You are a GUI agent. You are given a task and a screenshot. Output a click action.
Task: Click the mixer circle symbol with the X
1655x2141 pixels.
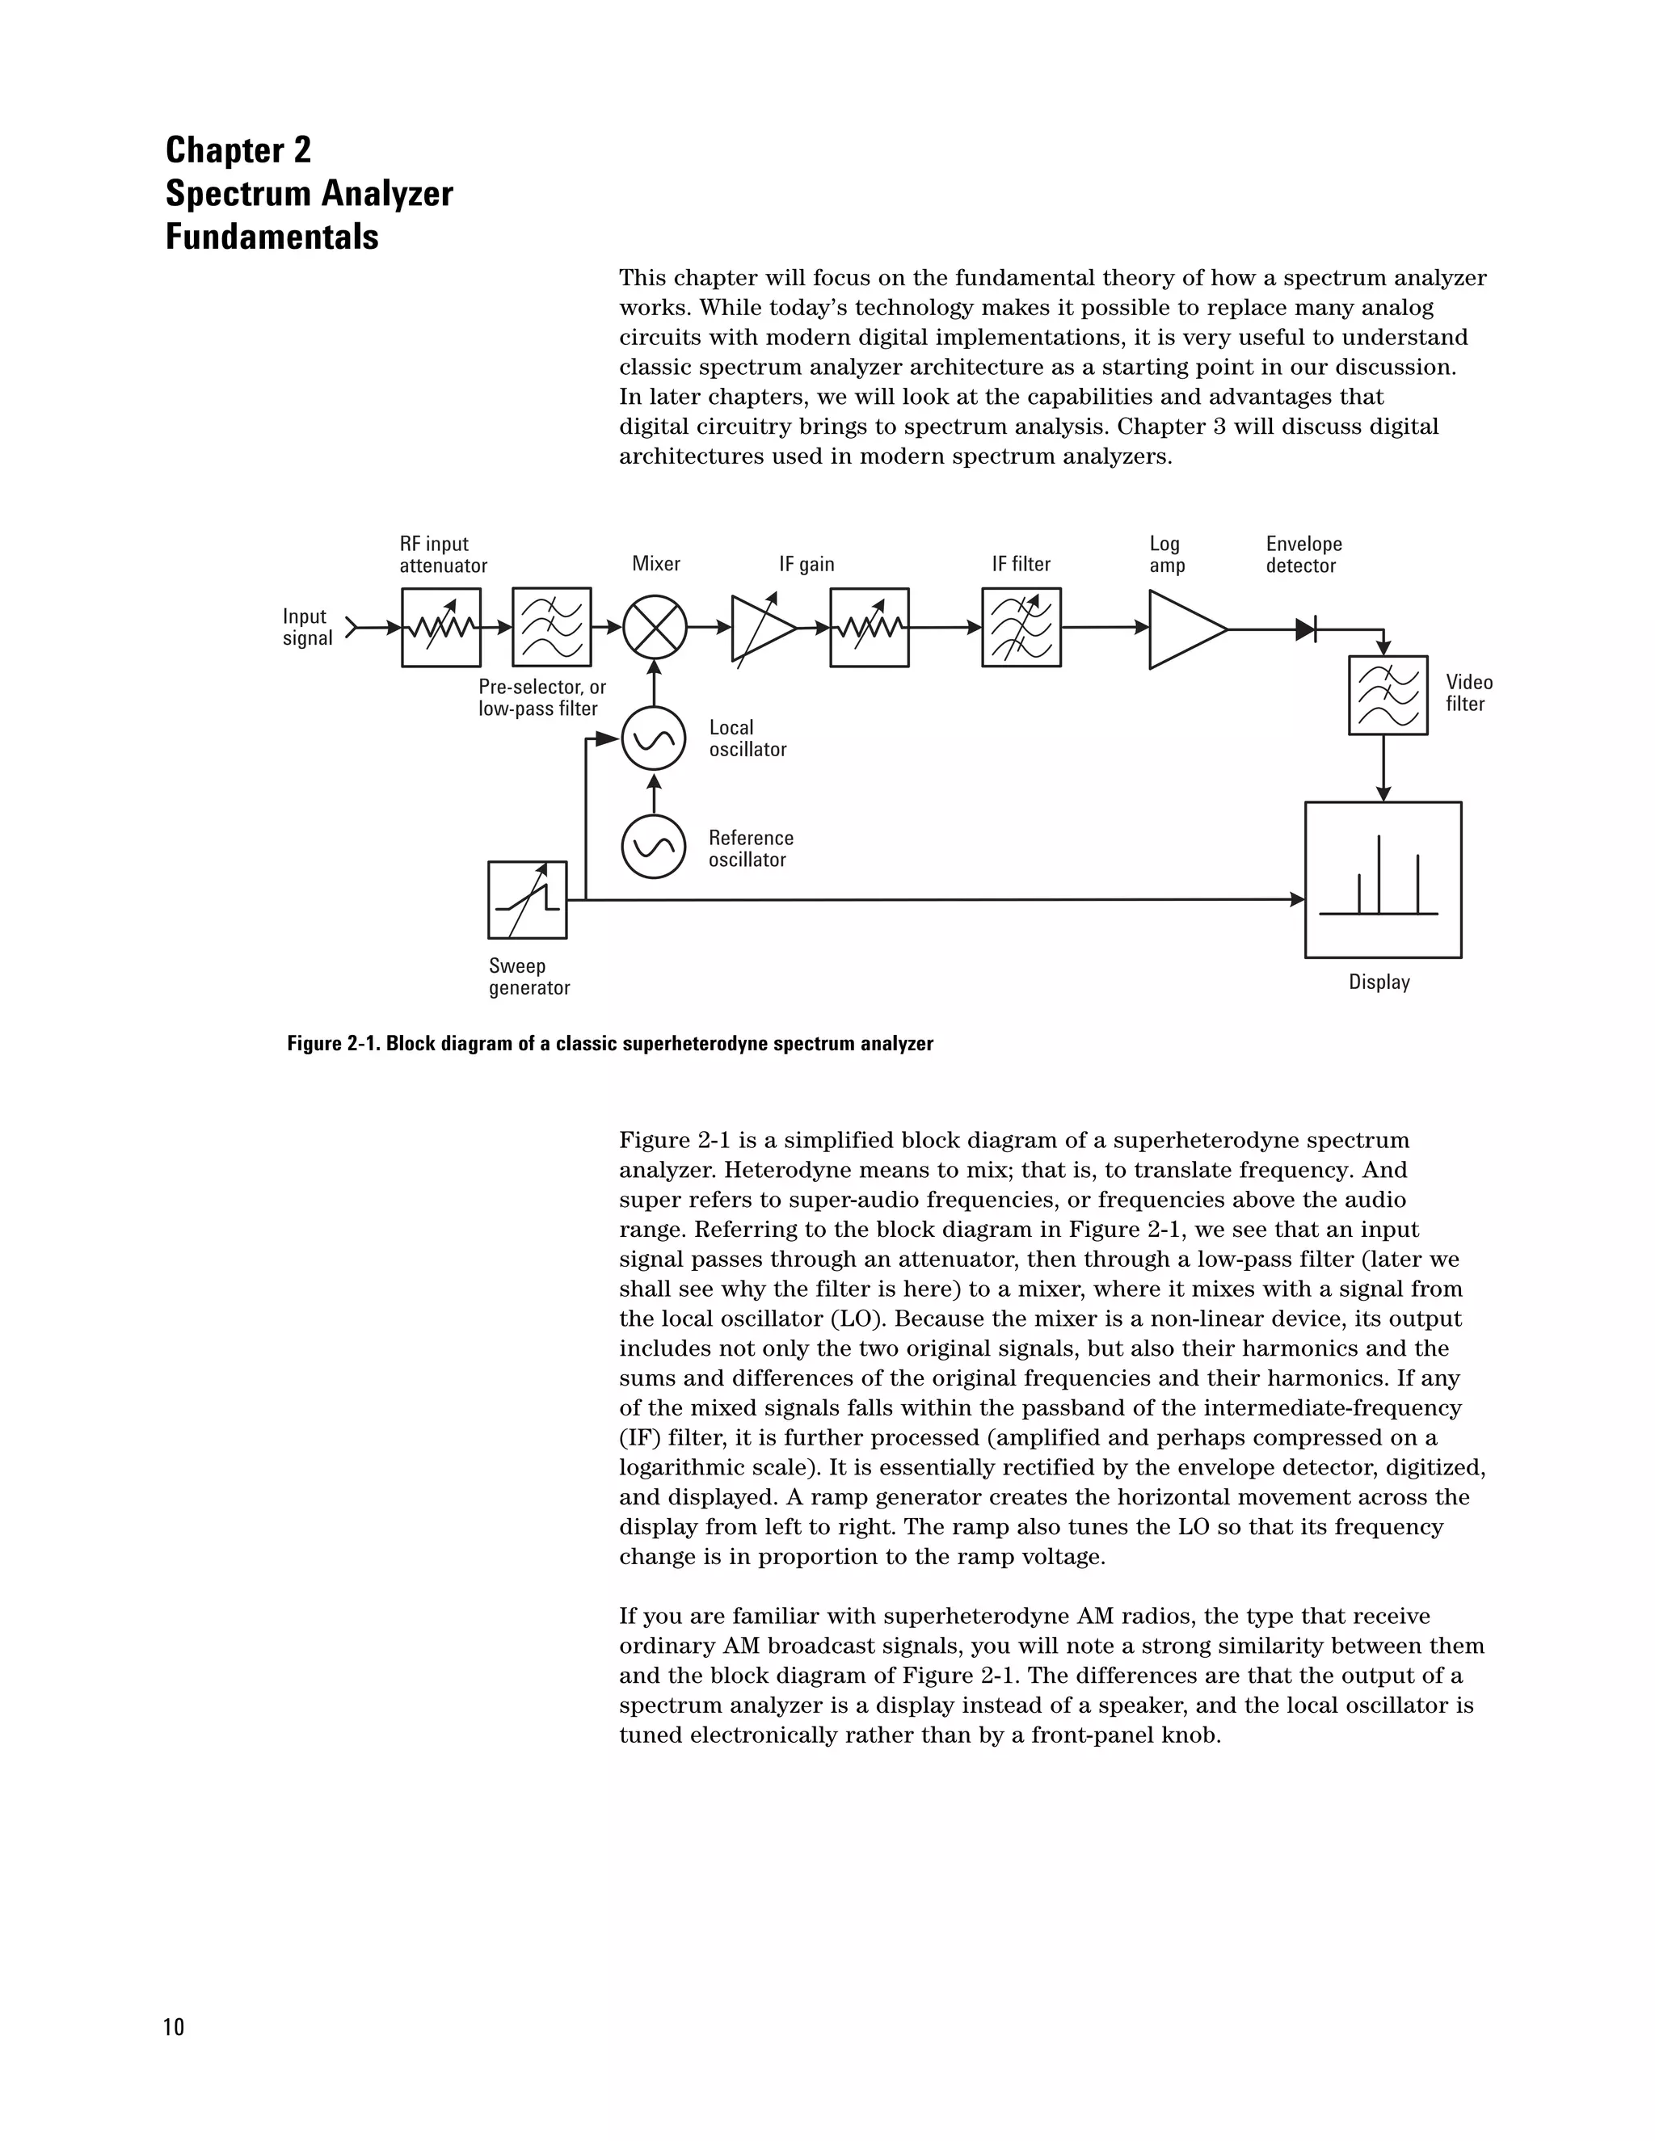(x=655, y=628)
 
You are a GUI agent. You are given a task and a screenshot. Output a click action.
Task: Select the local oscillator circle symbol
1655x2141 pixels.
(x=653, y=738)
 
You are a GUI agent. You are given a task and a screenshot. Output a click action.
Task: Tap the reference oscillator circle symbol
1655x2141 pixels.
(x=653, y=846)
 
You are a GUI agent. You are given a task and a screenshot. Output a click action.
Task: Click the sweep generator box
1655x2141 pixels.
(x=528, y=899)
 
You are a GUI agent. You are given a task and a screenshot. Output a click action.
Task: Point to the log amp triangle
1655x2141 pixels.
(x=1182, y=629)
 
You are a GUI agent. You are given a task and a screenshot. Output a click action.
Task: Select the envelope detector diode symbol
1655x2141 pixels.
(x=1305, y=629)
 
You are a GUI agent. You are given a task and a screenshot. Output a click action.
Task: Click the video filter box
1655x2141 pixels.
(x=1388, y=695)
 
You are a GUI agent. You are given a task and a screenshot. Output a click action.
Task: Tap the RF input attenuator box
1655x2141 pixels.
(x=441, y=628)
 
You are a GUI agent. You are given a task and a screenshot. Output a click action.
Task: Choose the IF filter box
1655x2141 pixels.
(x=1021, y=628)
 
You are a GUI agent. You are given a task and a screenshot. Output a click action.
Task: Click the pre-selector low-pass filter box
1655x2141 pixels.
(x=552, y=628)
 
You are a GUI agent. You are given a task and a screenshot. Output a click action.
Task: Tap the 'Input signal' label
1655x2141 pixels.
(x=307, y=628)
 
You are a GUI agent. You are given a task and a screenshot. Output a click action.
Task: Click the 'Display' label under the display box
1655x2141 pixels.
(x=1379, y=982)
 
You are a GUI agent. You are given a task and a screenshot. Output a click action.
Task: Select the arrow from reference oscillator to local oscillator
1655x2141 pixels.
(x=654, y=793)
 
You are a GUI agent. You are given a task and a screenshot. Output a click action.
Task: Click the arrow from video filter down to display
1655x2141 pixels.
(x=1383, y=768)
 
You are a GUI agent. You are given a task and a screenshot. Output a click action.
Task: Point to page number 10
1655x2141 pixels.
(x=174, y=2027)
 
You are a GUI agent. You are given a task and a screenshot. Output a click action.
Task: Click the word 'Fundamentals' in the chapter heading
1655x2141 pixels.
(x=272, y=238)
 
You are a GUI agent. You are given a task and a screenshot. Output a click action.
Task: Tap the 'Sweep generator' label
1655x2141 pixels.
(x=529, y=977)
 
